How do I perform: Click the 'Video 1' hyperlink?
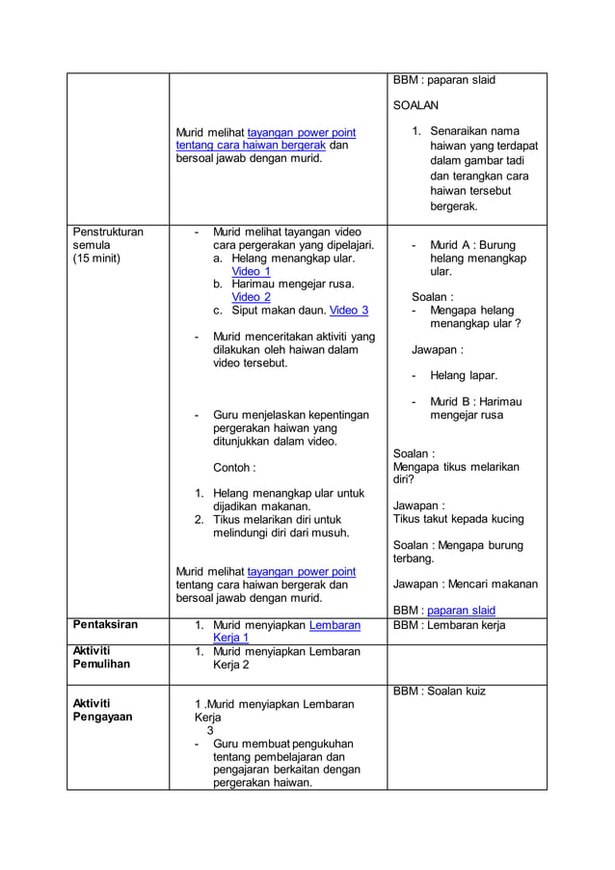pos(251,272)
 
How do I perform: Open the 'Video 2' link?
pos(251,297)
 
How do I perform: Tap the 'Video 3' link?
pos(348,310)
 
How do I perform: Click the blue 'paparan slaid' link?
pos(461,611)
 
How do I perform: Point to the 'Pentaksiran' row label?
pos(105,625)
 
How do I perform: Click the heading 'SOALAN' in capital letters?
pos(415,105)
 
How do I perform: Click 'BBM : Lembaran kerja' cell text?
pos(449,625)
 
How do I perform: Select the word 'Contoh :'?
pos(234,468)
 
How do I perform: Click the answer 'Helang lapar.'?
pos(463,375)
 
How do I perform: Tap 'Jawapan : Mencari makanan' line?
pos(466,584)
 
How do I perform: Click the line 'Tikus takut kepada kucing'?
pos(459,519)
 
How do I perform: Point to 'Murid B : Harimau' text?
pos(475,401)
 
